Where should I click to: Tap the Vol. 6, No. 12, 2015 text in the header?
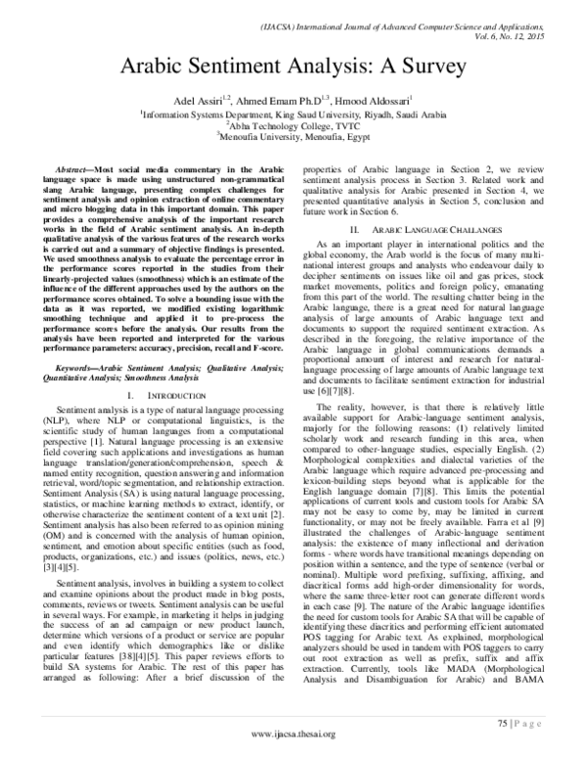533,32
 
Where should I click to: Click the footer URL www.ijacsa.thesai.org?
293,735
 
